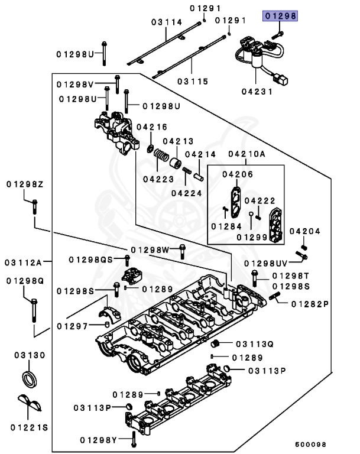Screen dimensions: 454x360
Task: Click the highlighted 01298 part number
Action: tap(281, 17)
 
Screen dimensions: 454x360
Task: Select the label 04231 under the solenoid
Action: tap(256, 92)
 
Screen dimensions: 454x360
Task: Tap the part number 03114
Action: tap(166, 22)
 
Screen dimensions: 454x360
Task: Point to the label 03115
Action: tap(193, 81)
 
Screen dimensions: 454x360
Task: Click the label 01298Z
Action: tap(25, 184)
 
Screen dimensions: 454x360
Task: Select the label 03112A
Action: tap(24, 261)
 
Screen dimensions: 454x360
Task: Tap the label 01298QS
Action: tap(90, 259)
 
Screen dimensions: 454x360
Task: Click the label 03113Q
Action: tap(255, 343)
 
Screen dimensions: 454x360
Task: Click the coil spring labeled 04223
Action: tap(160, 156)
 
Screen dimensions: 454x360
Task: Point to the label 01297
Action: tap(73, 326)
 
